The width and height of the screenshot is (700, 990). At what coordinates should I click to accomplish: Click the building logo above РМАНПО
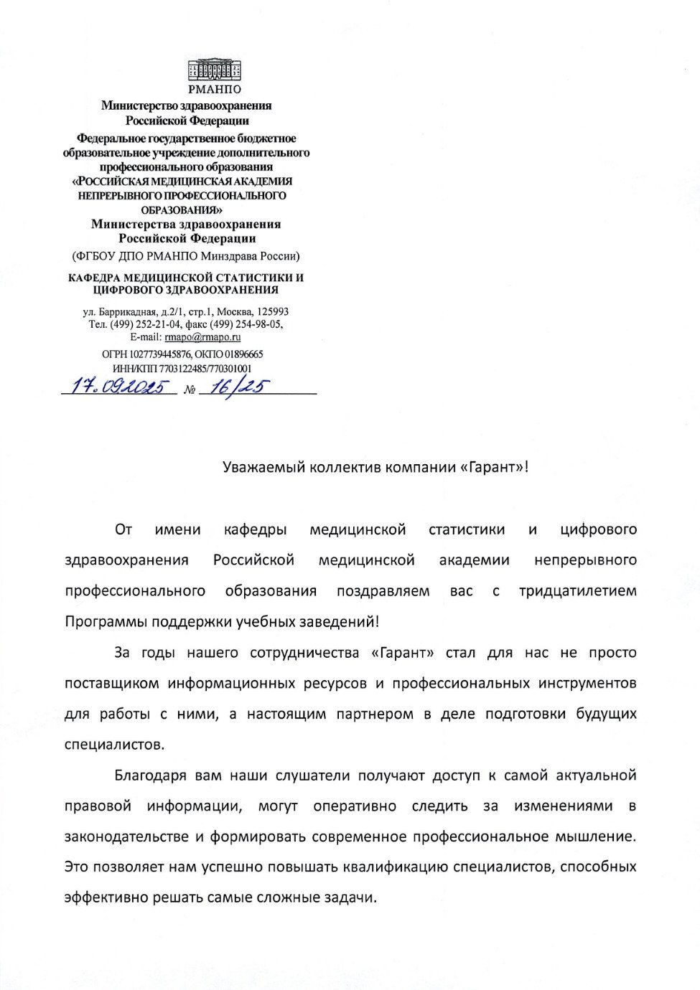[214, 70]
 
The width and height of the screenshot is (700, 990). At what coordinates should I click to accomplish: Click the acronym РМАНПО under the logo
[214, 90]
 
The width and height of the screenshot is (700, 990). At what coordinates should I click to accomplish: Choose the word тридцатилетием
[577, 591]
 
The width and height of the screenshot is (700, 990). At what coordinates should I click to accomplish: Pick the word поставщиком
[111, 683]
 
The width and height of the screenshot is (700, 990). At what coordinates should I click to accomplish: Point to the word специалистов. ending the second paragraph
[114, 745]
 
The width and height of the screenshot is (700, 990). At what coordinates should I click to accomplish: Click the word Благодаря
[150, 775]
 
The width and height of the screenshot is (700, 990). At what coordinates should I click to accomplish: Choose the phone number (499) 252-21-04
[147, 324]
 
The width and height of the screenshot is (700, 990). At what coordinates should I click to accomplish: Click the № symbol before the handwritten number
[190, 390]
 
